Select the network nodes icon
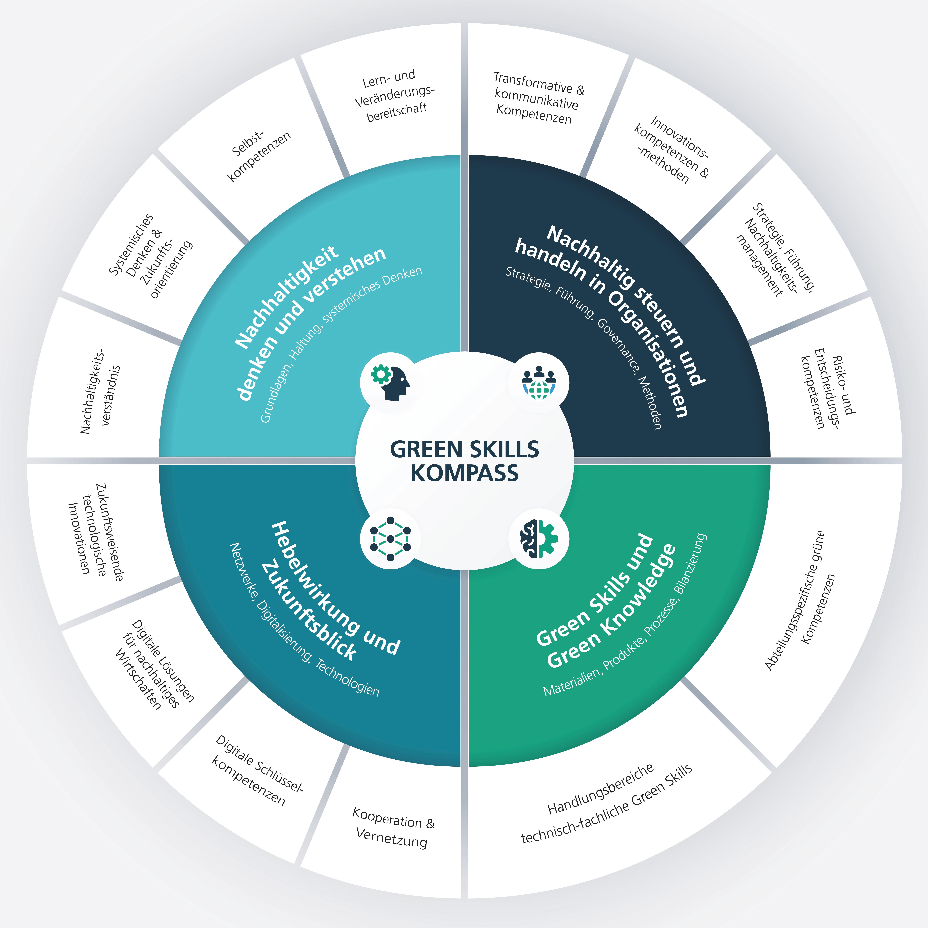click(390, 538)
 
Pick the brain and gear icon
click(538, 538)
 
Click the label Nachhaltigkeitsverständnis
click(100, 392)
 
